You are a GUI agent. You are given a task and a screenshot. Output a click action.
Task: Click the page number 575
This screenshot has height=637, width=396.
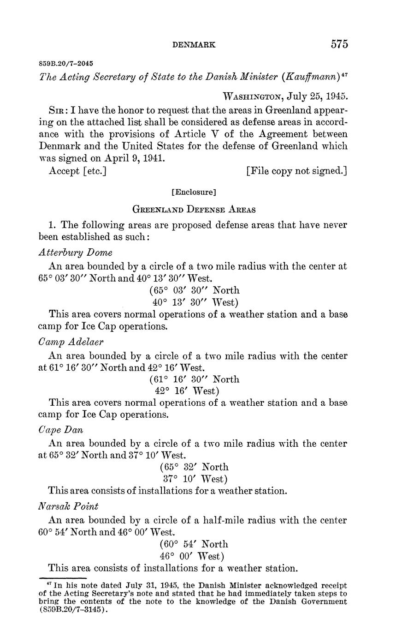[x=339, y=44]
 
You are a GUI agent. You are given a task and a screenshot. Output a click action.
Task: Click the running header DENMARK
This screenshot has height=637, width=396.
[x=194, y=45]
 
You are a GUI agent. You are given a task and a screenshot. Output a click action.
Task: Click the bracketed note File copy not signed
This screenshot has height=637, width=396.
[x=297, y=171]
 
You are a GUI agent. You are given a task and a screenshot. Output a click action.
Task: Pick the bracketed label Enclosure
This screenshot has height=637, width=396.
[x=194, y=191]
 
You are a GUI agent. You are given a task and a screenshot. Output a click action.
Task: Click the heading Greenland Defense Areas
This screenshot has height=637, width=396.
[x=194, y=209]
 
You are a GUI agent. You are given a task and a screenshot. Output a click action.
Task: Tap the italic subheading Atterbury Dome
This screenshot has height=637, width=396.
[x=75, y=252]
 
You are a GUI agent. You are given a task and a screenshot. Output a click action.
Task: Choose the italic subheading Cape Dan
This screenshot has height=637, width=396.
[x=61, y=429]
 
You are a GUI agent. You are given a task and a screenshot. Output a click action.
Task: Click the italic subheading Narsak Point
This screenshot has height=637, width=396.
[x=68, y=506]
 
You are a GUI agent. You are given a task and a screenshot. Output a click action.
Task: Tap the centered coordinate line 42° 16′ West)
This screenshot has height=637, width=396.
[x=186, y=391]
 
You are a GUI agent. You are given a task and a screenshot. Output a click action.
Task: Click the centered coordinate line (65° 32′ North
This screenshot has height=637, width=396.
[x=194, y=467]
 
